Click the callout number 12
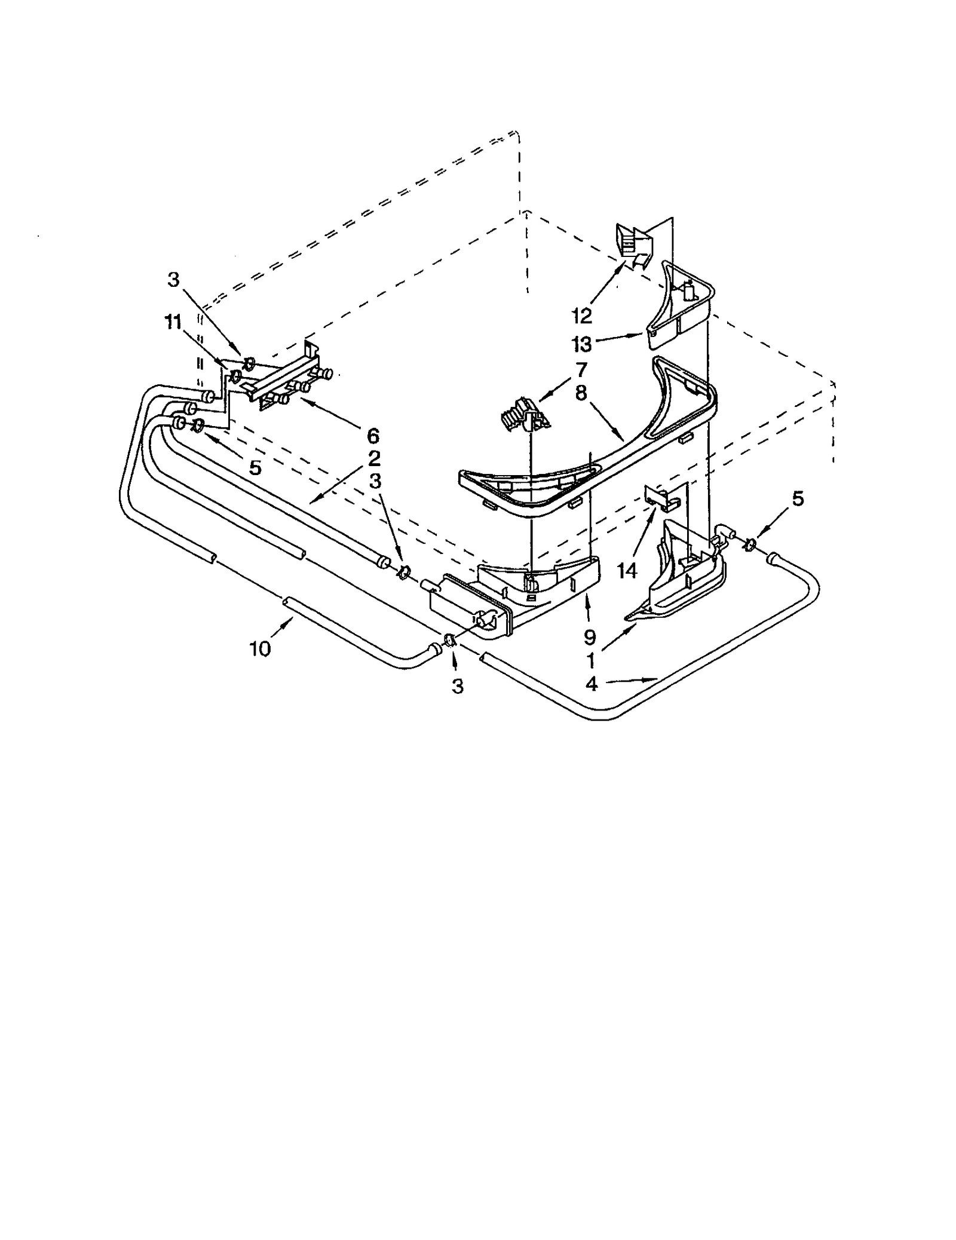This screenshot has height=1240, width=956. [581, 315]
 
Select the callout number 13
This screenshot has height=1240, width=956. [581, 344]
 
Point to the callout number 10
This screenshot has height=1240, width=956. [261, 648]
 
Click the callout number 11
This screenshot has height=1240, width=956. [173, 322]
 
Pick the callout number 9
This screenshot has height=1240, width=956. [589, 638]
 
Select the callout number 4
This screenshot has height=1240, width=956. [592, 684]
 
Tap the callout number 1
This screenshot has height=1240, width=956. [590, 660]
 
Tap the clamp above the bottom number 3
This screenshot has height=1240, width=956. [449, 641]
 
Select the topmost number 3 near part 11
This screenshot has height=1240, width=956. [173, 280]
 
